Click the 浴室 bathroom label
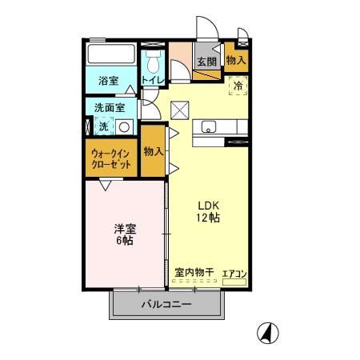(x=108, y=81)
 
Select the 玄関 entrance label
(x=206, y=62)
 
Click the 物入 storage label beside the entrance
(x=236, y=60)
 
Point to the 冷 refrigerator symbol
(x=238, y=82)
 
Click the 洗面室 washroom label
(x=107, y=106)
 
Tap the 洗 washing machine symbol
(x=103, y=126)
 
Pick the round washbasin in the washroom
(x=124, y=126)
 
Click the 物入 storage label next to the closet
(x=154, y=151)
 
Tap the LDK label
(x=209, y=202)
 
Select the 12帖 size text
(x=209, y=217)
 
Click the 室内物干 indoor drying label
(x=194, y=272)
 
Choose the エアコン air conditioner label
(x=234, y=274)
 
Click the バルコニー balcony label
(x=166, y=304)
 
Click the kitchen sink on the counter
(x=208, y=126)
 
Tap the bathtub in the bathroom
(x=111, y=57)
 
